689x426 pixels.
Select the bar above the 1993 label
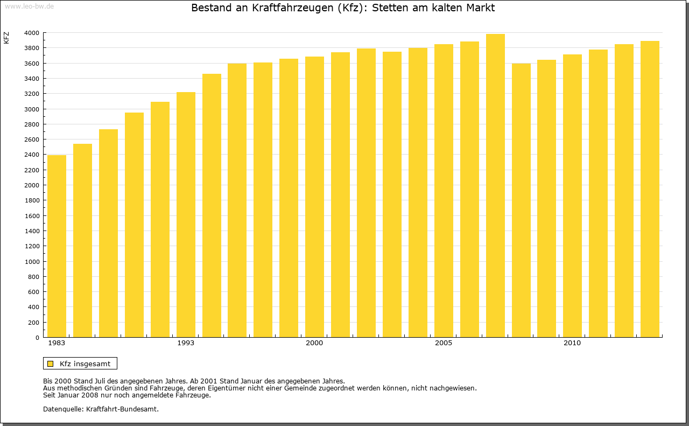pyautogui.click(x=186, y=215)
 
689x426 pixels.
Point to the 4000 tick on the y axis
pyautogui.click(x=32, y=33)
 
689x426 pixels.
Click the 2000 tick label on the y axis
pyautogui.click(x=32, y=185)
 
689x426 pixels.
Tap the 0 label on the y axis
pyautogui.click(x=37, y=338)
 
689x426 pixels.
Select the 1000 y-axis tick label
pyautogui.click(x=32, y=262)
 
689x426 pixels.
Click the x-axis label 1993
pyautogui.click(x=186, y=343)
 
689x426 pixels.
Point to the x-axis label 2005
pyautogui.click(x=444, y=343)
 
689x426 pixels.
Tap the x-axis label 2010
pyautogui.click(x=572, y=343)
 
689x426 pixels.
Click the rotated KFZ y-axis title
pyautogui.click(x=6, y=38)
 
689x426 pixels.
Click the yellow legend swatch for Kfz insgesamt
pyautogui.click(x=51, y=364)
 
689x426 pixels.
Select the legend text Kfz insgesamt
pyautogui.click(x=85, y=364)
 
